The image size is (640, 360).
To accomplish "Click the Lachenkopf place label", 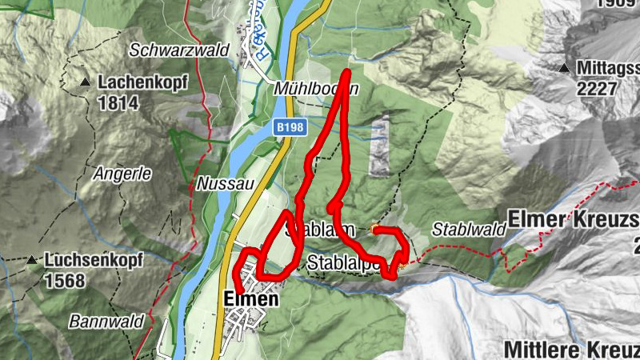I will tap(130, 82).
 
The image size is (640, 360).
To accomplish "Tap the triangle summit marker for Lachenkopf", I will tap(85, 82).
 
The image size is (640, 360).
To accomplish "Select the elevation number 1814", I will tap(118, 102).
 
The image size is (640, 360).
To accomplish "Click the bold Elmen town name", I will tap(251, 299).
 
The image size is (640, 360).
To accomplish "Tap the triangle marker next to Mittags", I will tap(565, 68).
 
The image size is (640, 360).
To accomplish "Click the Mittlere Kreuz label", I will tap(571, 350).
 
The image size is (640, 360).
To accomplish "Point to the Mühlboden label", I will tap(315, 88).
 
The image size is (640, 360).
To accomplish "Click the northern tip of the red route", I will tap(348, 74).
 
